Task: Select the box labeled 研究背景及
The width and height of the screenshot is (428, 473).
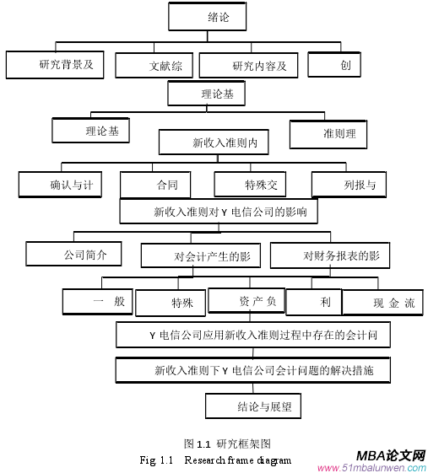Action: (x=55, y=65)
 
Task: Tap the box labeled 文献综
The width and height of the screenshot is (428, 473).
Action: (x=154, y=66)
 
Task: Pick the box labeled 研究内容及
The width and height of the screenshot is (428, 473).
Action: (x=248, y=66)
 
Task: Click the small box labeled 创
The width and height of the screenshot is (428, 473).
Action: (x=334, y=64)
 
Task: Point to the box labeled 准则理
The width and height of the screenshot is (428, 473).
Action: (x=329, y=133)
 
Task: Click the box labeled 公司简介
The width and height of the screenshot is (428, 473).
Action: (x=73, y=254)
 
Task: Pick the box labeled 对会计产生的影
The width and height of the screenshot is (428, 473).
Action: (x=201, y=255)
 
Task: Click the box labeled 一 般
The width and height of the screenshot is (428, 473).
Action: (x=97, y=302)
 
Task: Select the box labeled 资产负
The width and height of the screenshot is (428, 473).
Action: (x=247, y=301)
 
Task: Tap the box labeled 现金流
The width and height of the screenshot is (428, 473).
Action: (x=382, y=303)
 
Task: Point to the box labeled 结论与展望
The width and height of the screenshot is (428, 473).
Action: (x=253, y=406)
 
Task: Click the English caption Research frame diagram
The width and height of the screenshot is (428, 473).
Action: (x=237, y=460)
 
